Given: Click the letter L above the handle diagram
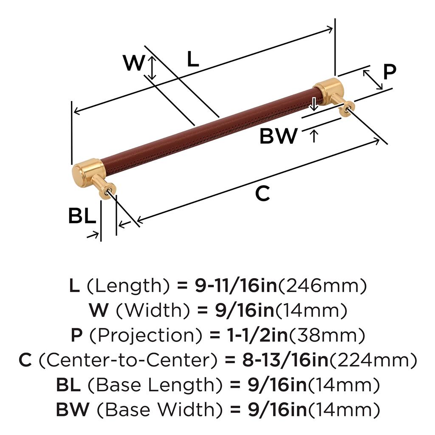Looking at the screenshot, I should coord(192,60).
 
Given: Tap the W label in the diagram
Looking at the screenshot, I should coord(134,64).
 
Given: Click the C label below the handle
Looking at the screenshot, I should coord(263,194).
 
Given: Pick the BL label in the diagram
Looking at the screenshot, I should coord(82,217).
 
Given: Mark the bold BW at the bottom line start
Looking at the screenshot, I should coord(73,410).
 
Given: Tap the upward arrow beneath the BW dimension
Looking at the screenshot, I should coord(314,136).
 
